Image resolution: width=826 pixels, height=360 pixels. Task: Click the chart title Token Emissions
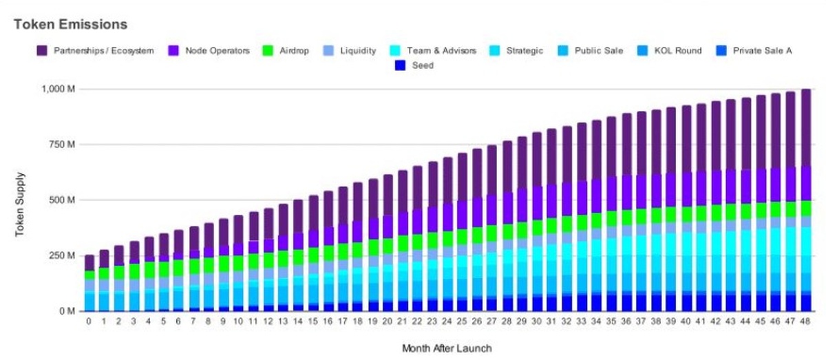[x=70, y=24]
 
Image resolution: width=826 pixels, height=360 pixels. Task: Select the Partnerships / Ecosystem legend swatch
[x=42, y=51]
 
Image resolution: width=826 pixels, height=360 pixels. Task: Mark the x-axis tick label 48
[x=805, y=321]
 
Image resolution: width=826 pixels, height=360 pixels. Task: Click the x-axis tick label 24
[x=447, y=321]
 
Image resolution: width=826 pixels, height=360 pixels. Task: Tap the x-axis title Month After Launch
[x=447, y=347]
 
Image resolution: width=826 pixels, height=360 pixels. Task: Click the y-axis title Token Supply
[x=21, y=200]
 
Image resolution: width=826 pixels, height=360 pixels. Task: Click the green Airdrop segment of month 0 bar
[x=89, y=275]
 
